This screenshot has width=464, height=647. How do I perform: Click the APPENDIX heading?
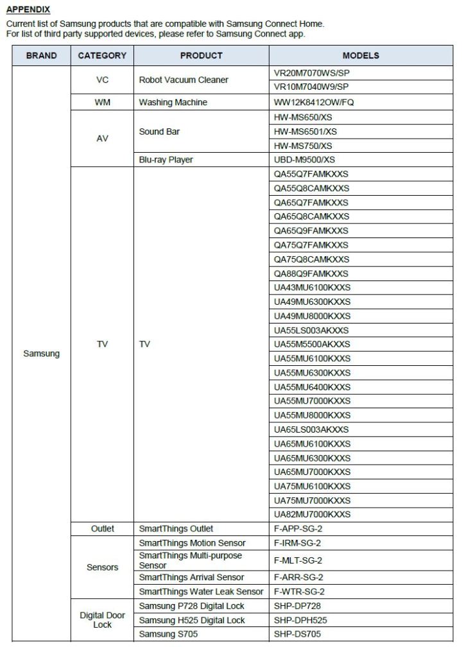coord(28,10)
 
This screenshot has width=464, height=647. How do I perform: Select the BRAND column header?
coord(41,56)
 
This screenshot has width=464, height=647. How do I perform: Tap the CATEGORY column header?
coord(102,56)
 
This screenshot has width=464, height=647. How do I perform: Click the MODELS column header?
coord(361,56)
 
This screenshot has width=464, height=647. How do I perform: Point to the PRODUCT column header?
coord(201,56)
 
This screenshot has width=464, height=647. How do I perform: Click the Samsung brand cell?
coord(41,354)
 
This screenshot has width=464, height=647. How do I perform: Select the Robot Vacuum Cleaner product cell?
coord(184,80)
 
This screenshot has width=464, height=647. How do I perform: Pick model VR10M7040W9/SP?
coord(311,87)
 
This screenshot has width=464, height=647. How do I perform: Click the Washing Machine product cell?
coord(173,102)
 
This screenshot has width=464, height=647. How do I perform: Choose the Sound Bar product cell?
coord(159,132)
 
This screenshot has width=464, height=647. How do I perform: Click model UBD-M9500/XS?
coord(304,160)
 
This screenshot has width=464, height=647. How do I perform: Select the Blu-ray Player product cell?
coord(166,160)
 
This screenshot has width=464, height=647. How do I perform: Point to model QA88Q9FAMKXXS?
coord(311,273)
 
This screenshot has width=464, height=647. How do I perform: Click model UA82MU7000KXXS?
coord(313,514)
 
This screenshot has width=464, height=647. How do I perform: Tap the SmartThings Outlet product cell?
coord(176,528)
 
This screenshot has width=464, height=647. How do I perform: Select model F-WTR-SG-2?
coord(298,591)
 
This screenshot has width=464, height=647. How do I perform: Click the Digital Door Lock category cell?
coord(102,619)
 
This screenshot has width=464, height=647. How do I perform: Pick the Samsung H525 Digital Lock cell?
coord(192,620)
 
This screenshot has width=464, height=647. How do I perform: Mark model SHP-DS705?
coord(296,634)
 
